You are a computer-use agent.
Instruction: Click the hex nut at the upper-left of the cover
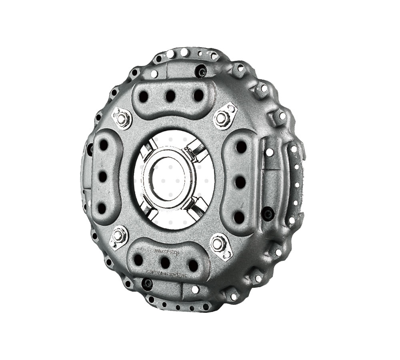pos(122,117)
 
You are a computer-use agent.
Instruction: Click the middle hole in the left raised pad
pos(102,175)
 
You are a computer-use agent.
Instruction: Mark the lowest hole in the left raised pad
pos(102,207)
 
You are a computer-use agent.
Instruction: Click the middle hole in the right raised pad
pos(240,182)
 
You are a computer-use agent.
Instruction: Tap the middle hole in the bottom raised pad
pos(165,263)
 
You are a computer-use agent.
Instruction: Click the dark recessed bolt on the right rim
pos(266,213)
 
